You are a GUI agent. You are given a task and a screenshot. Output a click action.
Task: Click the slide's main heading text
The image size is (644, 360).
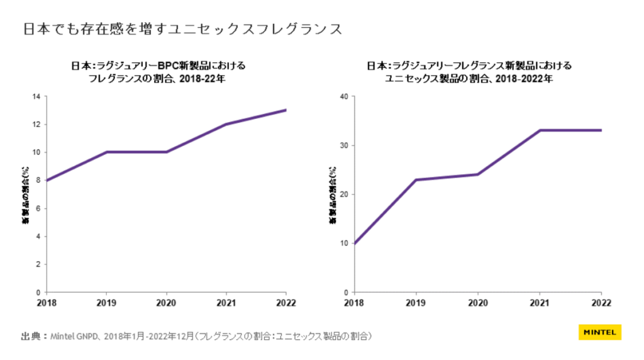[183, 29]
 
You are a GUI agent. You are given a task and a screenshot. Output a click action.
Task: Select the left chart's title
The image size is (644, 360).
[158, 72]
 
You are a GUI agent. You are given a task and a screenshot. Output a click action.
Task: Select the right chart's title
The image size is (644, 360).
[469, 72]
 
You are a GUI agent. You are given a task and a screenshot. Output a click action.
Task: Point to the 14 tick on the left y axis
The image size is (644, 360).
[36, 96]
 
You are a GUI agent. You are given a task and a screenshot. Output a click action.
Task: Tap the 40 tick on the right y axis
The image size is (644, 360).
[343, 96]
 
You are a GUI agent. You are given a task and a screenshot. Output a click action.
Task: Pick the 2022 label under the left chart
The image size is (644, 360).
[286, 303]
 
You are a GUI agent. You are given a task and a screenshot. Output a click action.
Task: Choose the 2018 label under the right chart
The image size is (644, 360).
[355, 303]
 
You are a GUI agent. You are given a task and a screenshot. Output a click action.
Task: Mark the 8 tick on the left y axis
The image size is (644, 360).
[38, 181]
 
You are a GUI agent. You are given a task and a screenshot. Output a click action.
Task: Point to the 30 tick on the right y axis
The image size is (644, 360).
[343, 145]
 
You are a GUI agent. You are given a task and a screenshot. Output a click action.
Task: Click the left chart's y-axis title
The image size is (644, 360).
[25, 194]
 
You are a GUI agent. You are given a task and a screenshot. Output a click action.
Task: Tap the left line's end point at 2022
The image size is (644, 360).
[286, 110]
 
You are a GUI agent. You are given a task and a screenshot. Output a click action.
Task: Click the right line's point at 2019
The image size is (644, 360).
[416, 180]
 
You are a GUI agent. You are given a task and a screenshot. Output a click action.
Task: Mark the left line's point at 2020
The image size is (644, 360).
[167, 152]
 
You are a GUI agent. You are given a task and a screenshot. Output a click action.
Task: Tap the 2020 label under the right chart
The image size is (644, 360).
[478, 303]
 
